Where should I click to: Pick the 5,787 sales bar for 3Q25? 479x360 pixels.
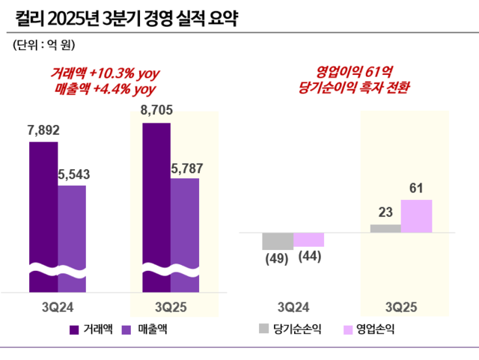point(185,225)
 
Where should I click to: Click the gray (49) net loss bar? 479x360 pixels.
point(277,241)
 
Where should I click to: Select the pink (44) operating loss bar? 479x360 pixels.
point(308,240)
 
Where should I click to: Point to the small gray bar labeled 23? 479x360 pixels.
point(385,228)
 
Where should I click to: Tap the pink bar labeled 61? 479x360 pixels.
point(417,216)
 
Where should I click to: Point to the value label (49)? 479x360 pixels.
point(277,258)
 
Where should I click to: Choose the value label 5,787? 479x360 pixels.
point(185,166)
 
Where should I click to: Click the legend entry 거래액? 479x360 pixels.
point(91,329)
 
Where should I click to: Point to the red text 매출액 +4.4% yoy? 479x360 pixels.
point(105,88)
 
